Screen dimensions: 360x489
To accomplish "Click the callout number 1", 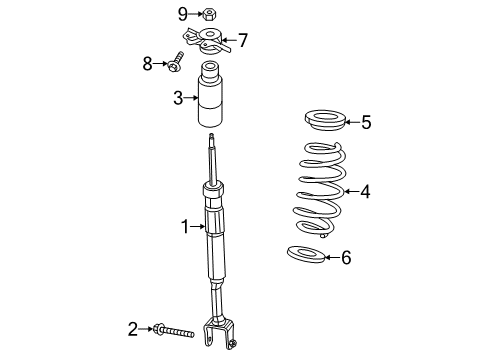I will click(x=184, y=227).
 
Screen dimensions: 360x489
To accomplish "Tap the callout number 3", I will click(x=177, y=98).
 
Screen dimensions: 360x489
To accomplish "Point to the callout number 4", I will click(x=365, y=190).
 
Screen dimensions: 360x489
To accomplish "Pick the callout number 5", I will click(x=365, y=123).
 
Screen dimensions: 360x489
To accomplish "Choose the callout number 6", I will click(x=346, y=258).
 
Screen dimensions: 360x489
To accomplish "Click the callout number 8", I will click(x=148, y=63).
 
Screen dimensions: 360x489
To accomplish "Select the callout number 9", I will click(x=183, y=13).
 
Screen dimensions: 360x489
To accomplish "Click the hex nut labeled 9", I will click(x=209, y=14).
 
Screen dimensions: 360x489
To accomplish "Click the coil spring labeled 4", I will click(x=319, y=192).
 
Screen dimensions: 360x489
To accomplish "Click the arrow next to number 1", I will click(x=198, y=227).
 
